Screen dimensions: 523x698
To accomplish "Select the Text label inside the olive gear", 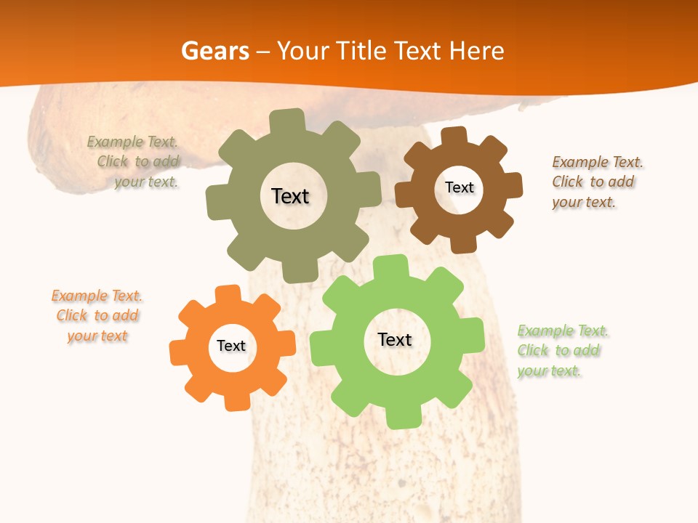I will (x=290, y=196).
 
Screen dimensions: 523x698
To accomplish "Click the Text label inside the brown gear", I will (x=459, y=187).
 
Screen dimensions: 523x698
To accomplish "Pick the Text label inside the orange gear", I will (x=231, y=346).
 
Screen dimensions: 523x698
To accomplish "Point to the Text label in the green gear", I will (x=395, y=340).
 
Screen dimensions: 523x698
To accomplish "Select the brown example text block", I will (x=597, y=182).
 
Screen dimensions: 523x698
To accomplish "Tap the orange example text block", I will (x=97, y=316).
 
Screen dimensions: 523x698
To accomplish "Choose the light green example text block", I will (x=563, y=351).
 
